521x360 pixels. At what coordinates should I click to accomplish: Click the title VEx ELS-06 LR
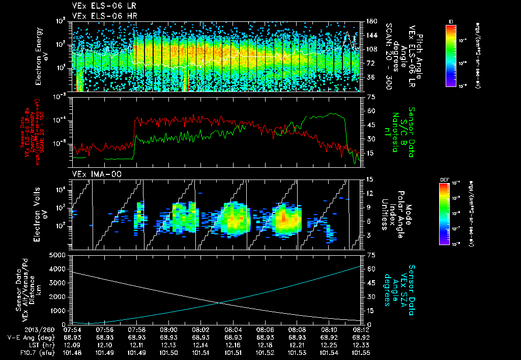click(99, 7)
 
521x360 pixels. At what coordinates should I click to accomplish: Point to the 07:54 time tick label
click(73, 329)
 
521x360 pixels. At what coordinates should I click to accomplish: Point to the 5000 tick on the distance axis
click(57, 255)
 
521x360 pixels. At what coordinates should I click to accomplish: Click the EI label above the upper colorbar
click(451, 21)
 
